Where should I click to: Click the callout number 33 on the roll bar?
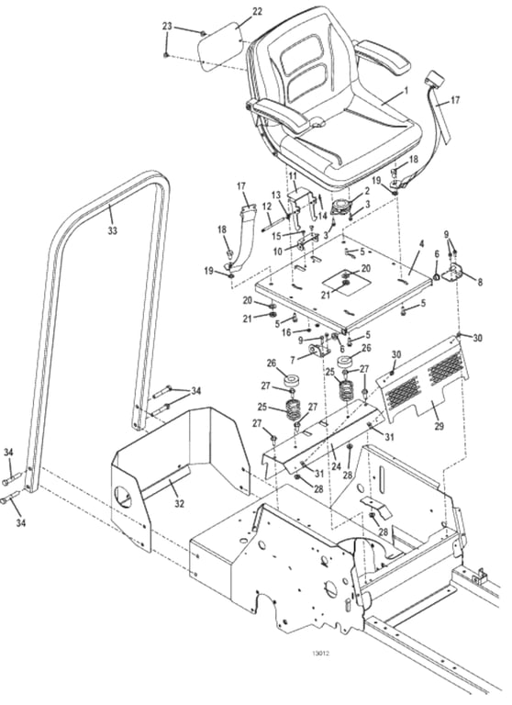point(112,230)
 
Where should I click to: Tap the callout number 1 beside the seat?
point(406,90)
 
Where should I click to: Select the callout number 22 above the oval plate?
point(257,12)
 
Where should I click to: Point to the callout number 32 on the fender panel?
point(179,504)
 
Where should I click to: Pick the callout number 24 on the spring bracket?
point(337,466)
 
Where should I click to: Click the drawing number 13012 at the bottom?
point(320,654)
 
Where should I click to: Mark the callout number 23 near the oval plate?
point(167,26)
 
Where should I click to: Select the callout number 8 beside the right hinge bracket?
point(480,283)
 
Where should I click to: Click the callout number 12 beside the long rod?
point(267,207)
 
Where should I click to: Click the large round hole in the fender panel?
point(123,497)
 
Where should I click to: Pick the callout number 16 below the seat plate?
point(286,332)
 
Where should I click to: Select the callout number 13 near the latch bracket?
point(276,195)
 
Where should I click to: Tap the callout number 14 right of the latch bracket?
point(322,216)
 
